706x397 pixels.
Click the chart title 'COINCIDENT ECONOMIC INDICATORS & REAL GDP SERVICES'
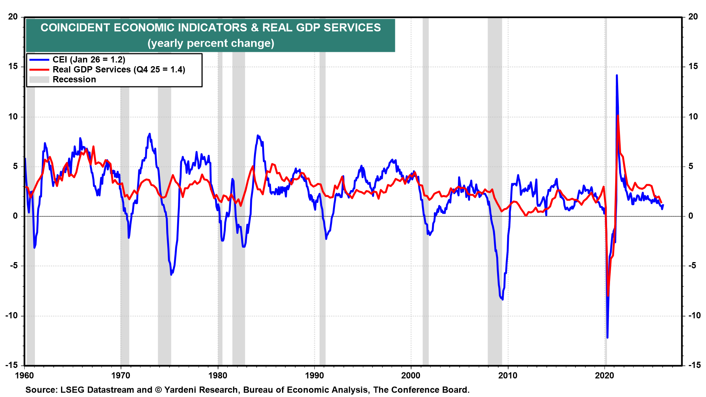tap(210, 28)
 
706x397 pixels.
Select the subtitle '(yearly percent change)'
tap(211, 43)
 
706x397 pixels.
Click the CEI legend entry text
tap(89, 60)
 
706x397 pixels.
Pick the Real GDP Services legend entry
tap(119, 69)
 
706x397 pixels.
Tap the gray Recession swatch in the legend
tap(39, 79)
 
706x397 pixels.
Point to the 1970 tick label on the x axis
tap(121, 375)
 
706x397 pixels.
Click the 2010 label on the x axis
tap(508, 375)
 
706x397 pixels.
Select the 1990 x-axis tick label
tap(314, 375)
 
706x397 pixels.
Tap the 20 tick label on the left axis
tap(13, 17)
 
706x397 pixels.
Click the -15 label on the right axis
tap(694, 365)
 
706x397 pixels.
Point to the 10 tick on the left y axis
tap(13, 117)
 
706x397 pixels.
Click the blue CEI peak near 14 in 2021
tap(617, 76)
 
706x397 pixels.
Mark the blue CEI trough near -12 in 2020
tap(607, 337)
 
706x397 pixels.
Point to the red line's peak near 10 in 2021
tap(618, 115)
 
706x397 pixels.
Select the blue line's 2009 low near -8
tap(502, 299)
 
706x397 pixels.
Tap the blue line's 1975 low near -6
tap(171, 274)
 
